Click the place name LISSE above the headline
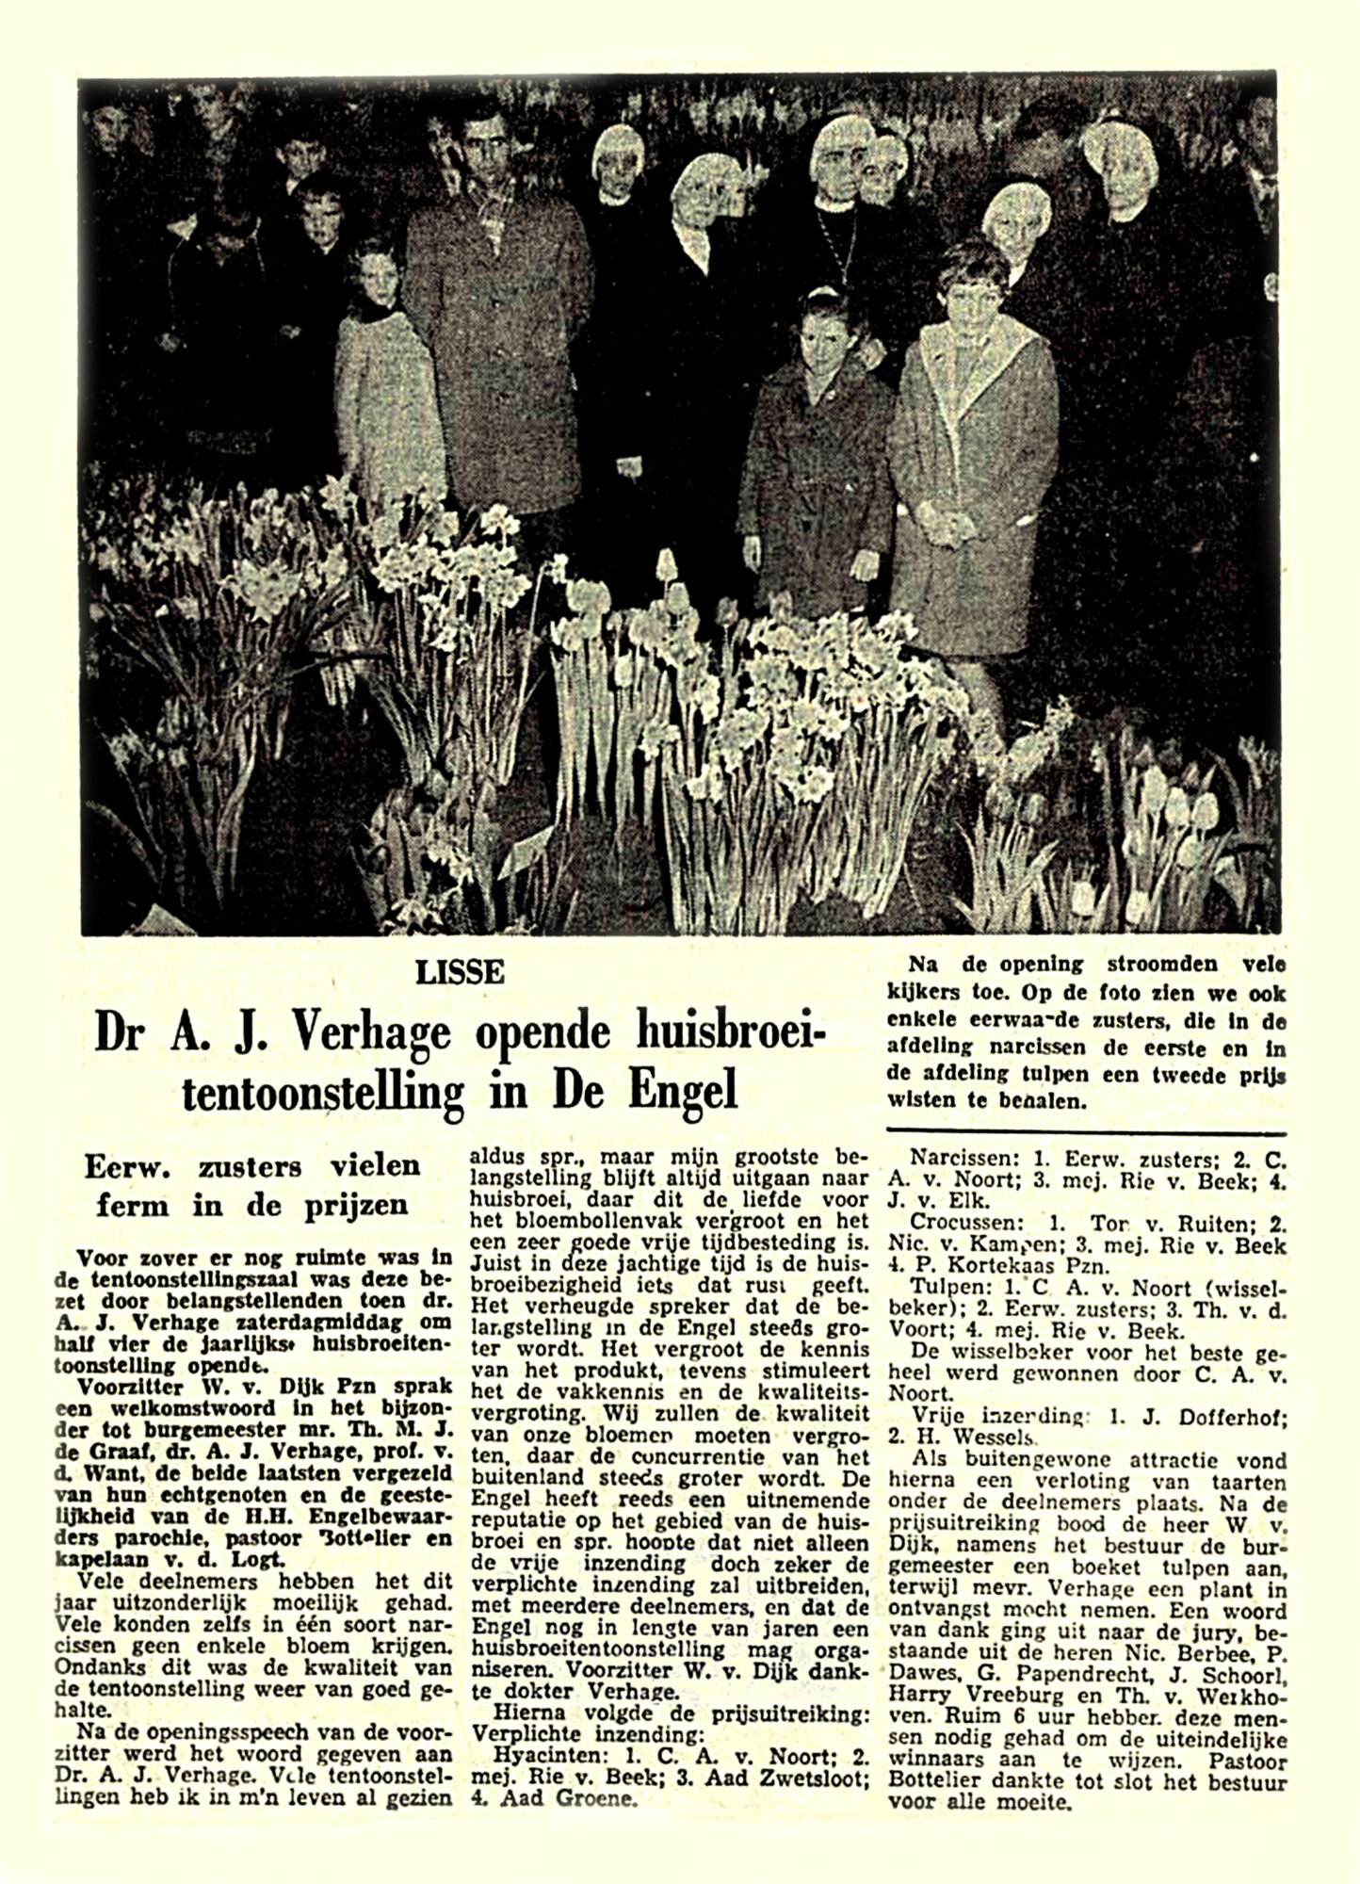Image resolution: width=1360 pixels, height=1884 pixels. coord(463,972)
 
